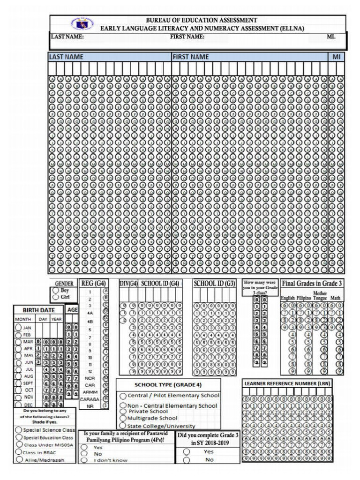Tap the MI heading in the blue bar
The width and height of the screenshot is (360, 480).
coord(336,57)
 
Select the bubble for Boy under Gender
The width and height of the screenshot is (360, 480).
coord(56,290)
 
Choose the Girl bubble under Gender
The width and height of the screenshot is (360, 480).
coord(56,297)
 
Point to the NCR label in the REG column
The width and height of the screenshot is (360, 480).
coord(90,378)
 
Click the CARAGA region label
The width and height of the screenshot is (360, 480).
coord(89,399)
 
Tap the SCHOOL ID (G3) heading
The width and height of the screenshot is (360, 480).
coord(215,284)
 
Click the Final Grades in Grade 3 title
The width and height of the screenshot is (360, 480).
coord(312,284)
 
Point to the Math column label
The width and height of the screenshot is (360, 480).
coord(335,298)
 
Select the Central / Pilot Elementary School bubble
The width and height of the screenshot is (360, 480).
coord(123,396)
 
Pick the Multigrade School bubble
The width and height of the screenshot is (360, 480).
coord(123,418)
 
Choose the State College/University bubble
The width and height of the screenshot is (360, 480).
coord(123,426)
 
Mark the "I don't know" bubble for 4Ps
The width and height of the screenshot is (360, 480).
coord(84,460)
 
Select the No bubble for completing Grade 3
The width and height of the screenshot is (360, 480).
coord(186,460)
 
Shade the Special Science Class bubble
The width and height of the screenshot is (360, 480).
coord(19,429)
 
